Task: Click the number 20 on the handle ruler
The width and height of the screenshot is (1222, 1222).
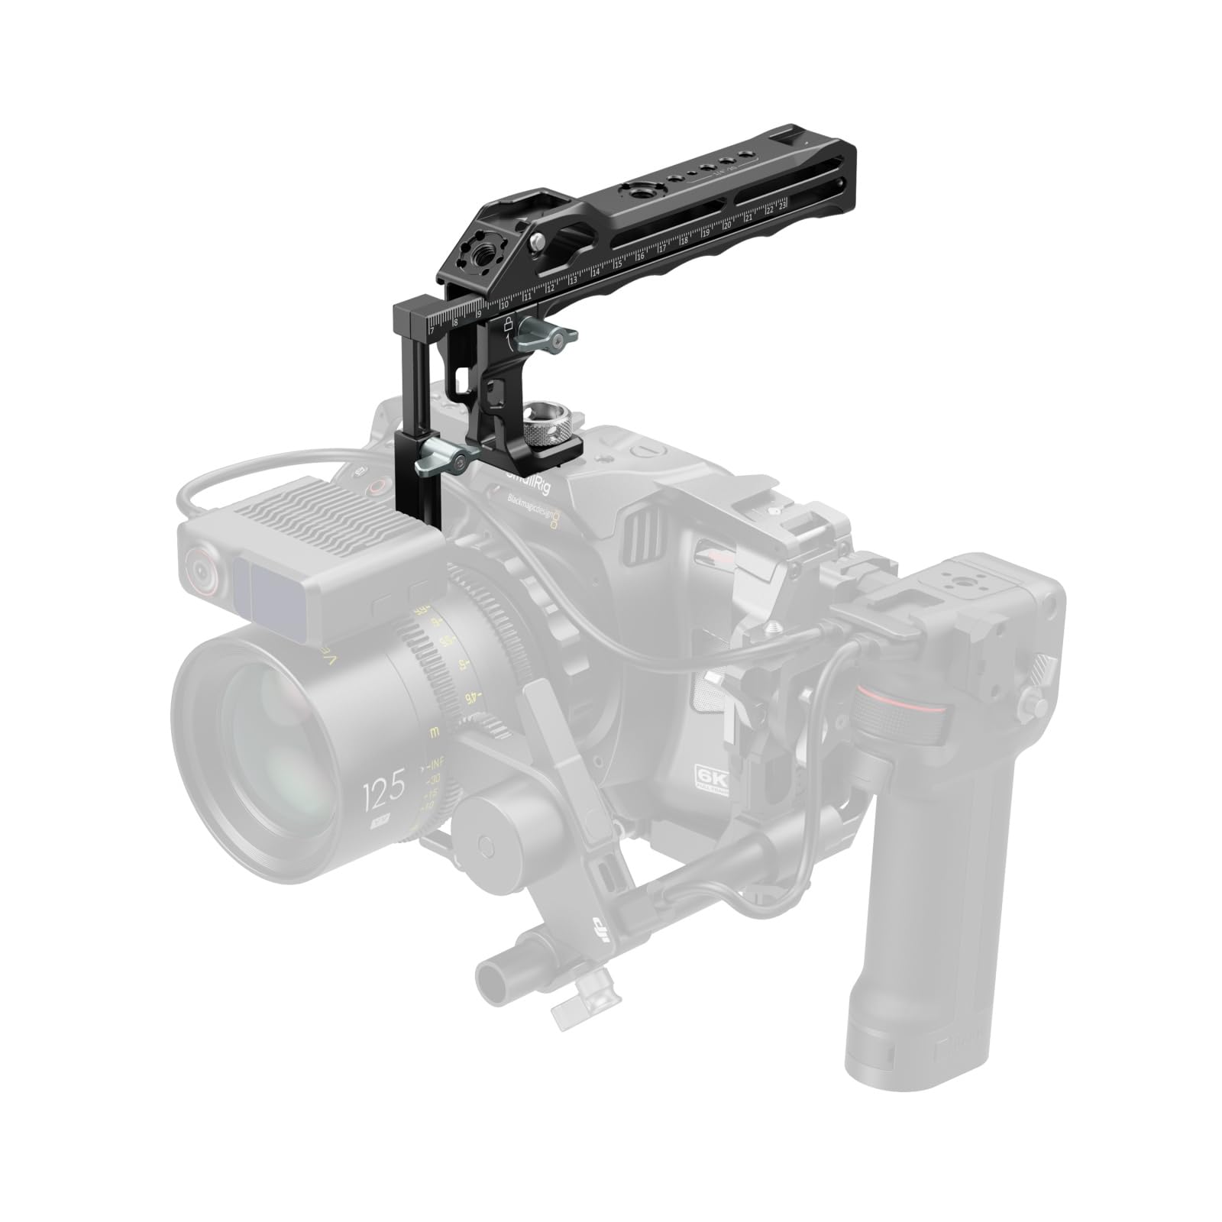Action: coord(726,225)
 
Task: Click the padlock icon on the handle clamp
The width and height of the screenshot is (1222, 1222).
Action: coord(506,324)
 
